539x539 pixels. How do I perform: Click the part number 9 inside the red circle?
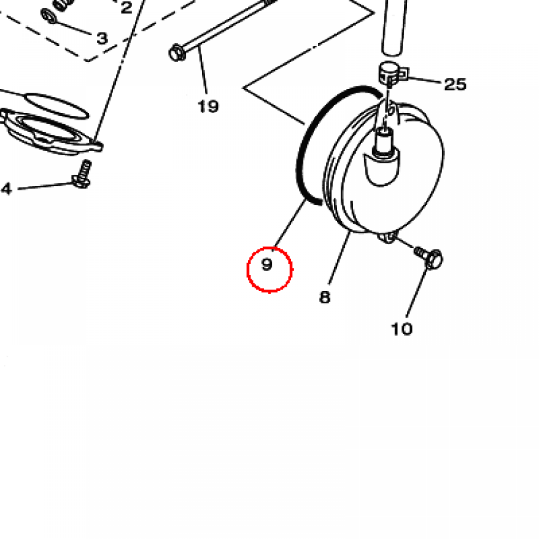click(267, 264)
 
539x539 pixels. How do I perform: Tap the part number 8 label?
click(324, 297)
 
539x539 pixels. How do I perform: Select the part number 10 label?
click(402, 329)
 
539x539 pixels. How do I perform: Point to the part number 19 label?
click(208, 106)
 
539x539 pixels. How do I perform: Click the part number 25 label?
click(455, 84)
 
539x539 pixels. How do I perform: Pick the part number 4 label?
click(6, 189)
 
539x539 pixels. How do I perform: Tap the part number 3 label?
click(102, 38)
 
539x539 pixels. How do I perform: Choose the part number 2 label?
click(126, 7)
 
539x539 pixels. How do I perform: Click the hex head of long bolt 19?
click(177, 53)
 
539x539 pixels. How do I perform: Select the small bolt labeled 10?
click(429, 257)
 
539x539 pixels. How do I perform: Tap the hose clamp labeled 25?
click(393, 73)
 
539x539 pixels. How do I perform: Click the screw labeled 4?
click(82, 174)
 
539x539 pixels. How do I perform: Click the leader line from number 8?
click(340, 258)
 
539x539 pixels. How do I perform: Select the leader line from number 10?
click(417, 292)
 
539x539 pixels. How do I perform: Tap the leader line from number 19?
click(203, 71)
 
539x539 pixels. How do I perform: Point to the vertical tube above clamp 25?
click(395, 26)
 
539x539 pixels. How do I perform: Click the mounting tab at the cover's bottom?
click(387, 237)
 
